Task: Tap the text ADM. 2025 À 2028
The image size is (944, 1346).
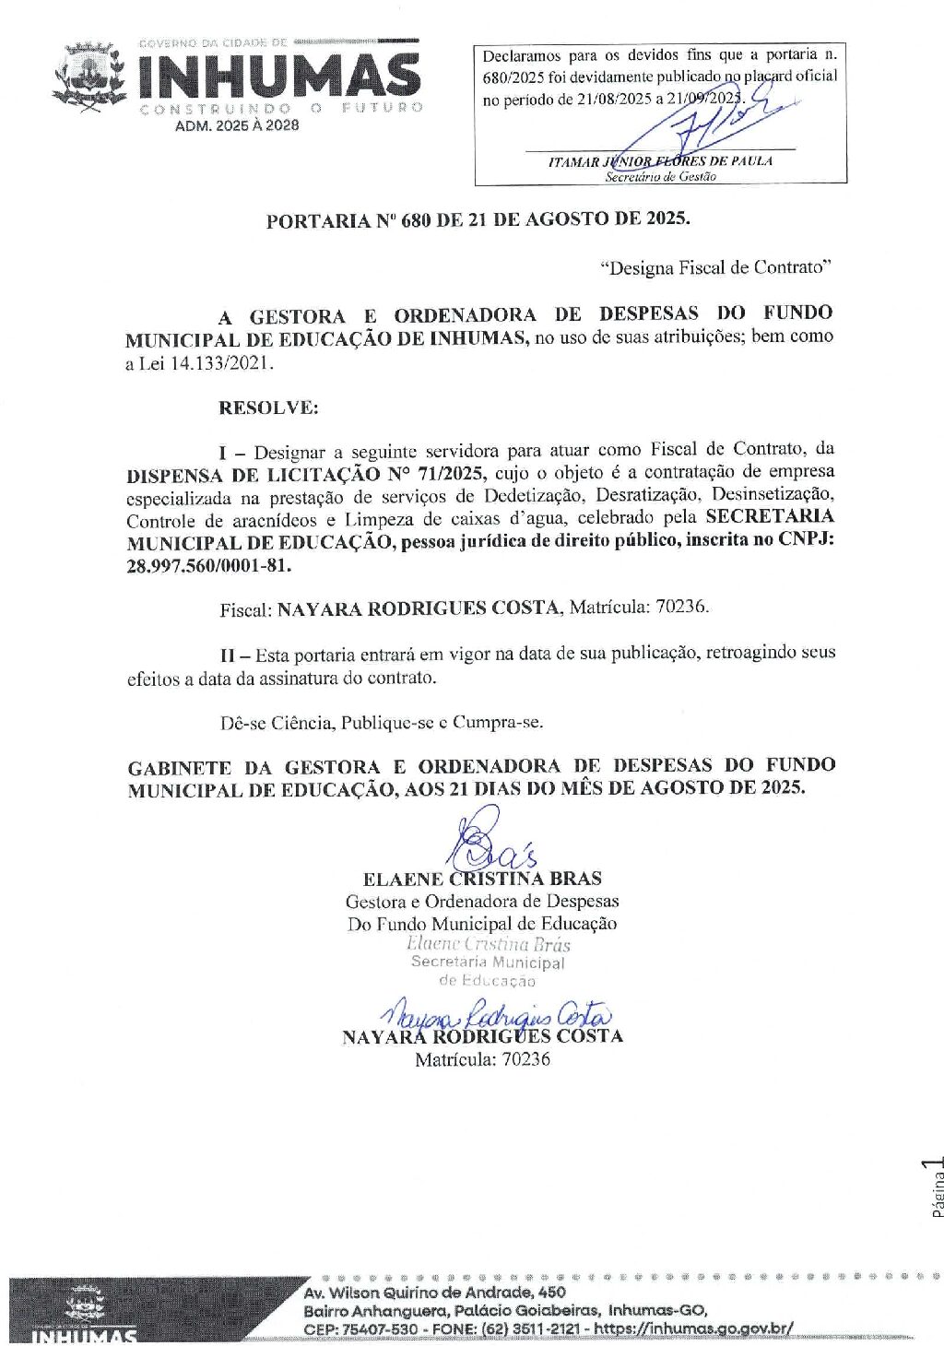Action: tap(237, 126)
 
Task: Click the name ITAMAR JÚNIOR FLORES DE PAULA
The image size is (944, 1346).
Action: tap(660, 161)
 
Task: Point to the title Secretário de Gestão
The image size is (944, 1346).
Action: tap(660, 177)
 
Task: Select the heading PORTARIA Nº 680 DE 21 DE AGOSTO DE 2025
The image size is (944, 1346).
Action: tap(478, 220)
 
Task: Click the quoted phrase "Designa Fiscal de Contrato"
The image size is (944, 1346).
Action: tap(715, 267)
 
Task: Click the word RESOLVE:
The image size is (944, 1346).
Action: tap(268, 407)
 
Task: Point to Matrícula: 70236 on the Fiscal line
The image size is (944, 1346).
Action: tap(639, 607)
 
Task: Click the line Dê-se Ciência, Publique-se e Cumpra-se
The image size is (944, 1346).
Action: tap(381, 722)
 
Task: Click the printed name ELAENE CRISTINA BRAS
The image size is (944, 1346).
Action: tap(482, 879)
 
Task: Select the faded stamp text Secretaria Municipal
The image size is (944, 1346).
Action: tap(488, 962)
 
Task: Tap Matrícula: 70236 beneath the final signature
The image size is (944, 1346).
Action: tap(482, 1059)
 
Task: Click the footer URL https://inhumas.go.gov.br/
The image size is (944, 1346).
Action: tap(693, 1328)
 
